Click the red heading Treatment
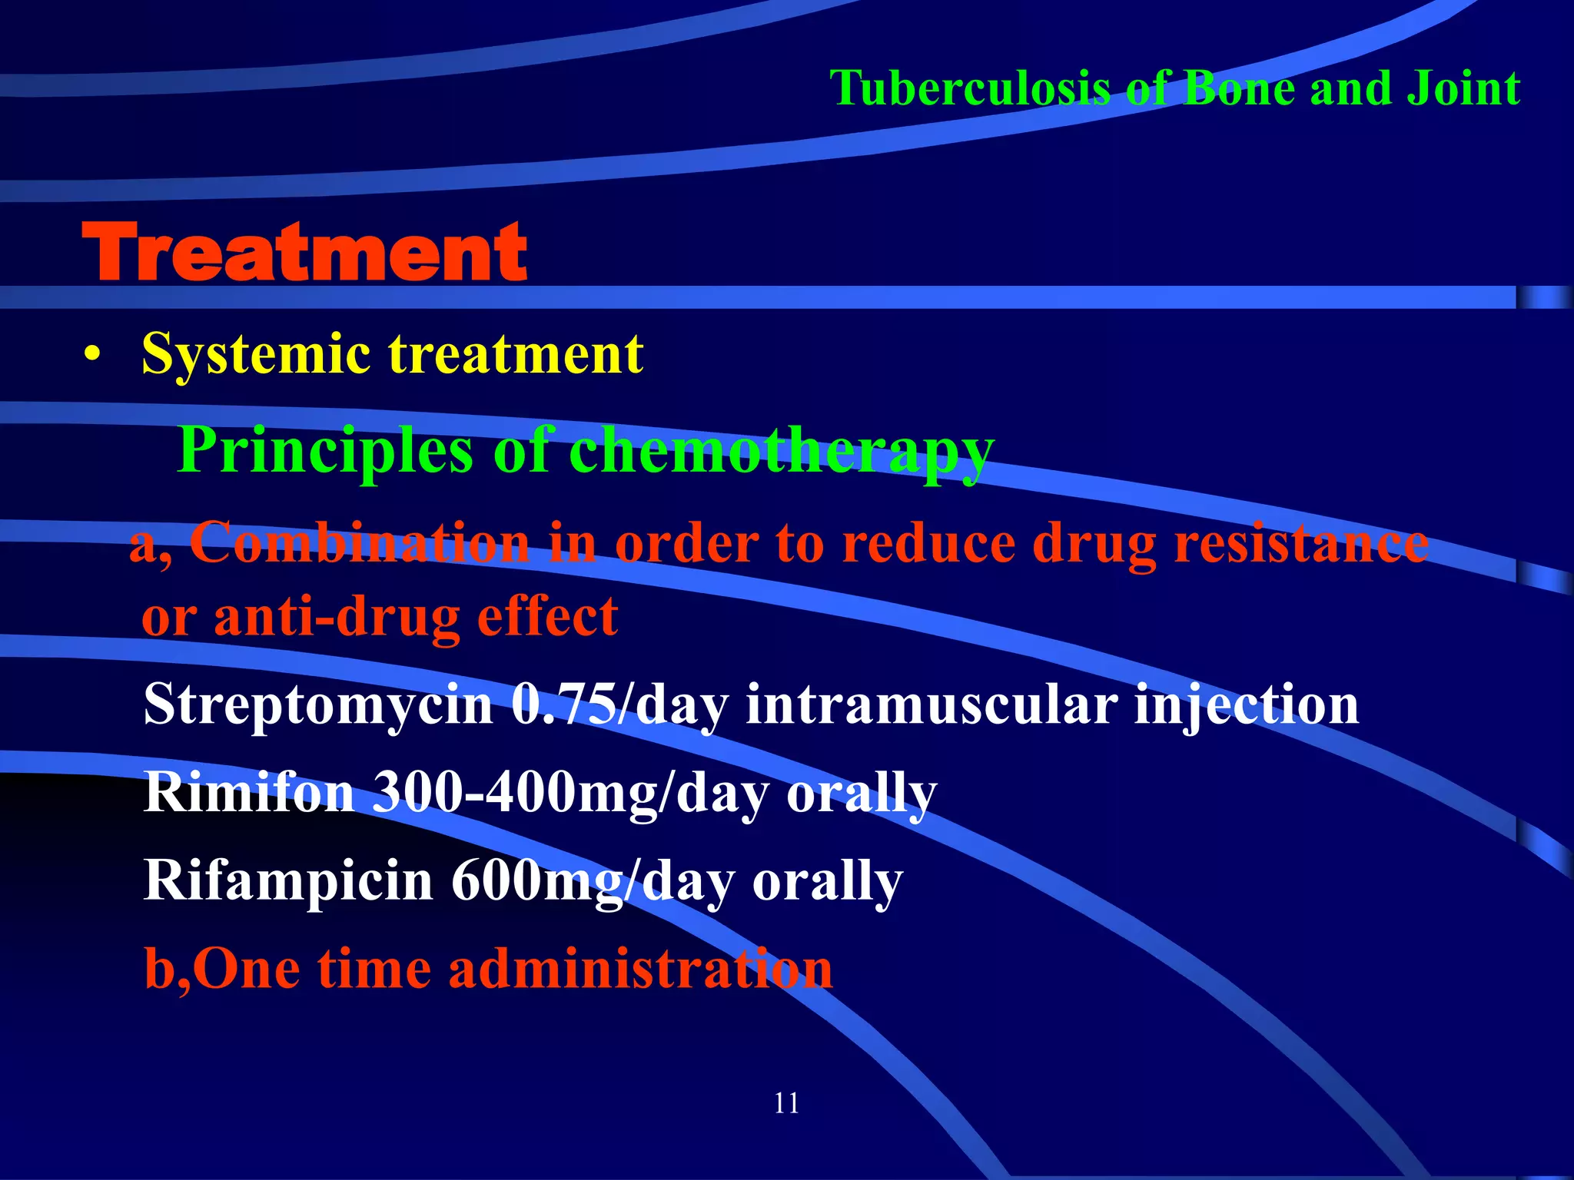click(x=304, y=252)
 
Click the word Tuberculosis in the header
click(x=970, y=88)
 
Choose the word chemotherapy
click(x=781, y=452)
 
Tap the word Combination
click(x=359, y=543)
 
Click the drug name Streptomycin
click(x=317, y=705)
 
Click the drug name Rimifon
click(x=248, y=792)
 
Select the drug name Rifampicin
click(x=288, y=881)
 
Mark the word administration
click(x=640, y=968)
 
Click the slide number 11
click(x=786, y=1103)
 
